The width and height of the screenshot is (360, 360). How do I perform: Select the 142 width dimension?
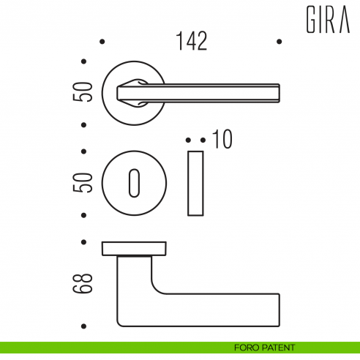(192, 41)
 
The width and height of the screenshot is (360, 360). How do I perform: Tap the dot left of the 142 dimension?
(102, 42)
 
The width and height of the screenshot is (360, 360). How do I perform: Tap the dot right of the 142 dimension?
(279, 42)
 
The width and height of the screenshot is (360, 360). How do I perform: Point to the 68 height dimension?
(86, 284)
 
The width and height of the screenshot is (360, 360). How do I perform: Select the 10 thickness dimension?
(222, 139)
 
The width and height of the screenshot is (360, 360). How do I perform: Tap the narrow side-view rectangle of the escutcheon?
(195, 183)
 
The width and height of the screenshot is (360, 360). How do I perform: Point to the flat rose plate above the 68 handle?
(132, 247)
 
